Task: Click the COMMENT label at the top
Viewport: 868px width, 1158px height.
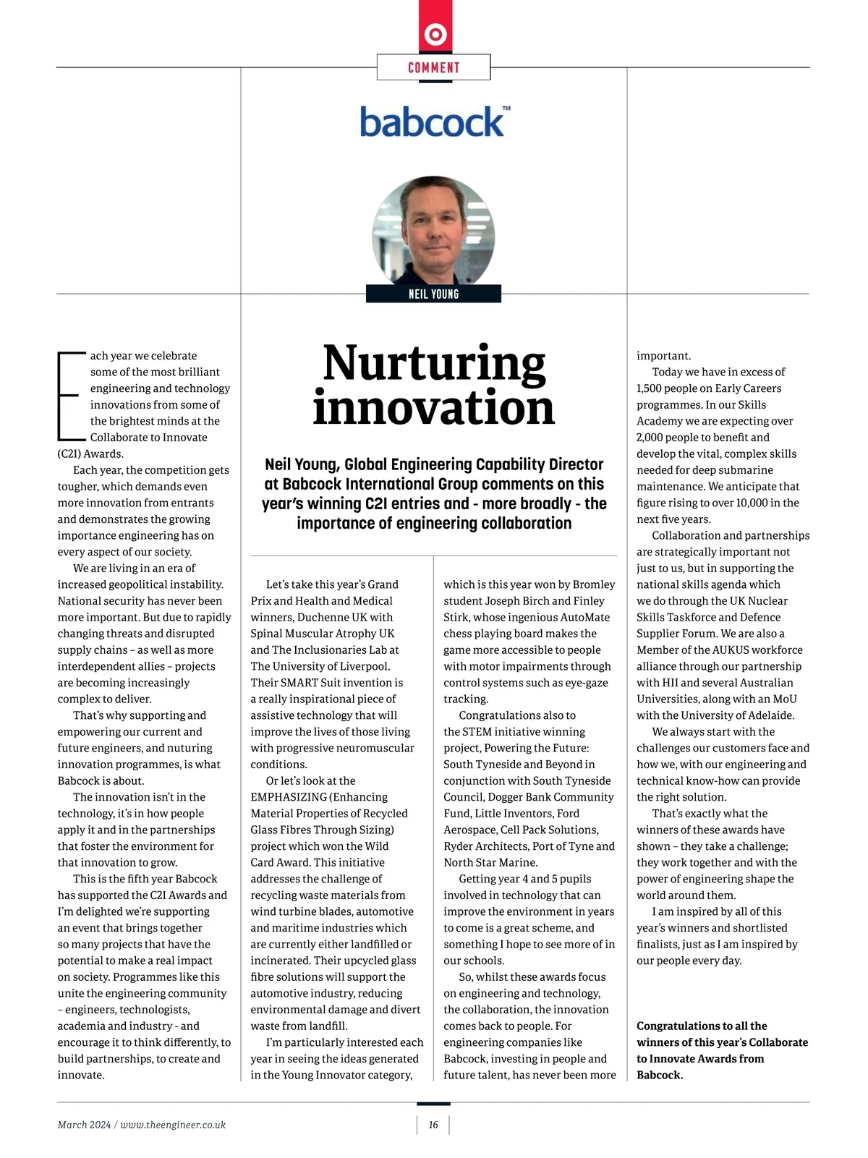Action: tap(433, 67)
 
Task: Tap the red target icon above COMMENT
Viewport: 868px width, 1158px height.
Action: tap(435, 34)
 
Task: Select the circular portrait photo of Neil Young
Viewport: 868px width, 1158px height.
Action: tap(433, 231)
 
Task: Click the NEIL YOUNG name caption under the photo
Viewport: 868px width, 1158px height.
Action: tap(433, 294)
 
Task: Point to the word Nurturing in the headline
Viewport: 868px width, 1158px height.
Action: tap(434, 363)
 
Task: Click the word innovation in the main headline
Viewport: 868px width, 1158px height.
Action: tap(433, 408)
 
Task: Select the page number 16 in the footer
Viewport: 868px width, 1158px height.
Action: tap(433, 1125)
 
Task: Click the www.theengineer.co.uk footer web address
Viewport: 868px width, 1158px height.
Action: tap(173, 1125)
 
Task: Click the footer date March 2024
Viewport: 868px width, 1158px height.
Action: tap(84, 1125)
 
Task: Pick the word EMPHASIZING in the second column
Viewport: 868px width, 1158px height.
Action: tap(287, 797)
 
